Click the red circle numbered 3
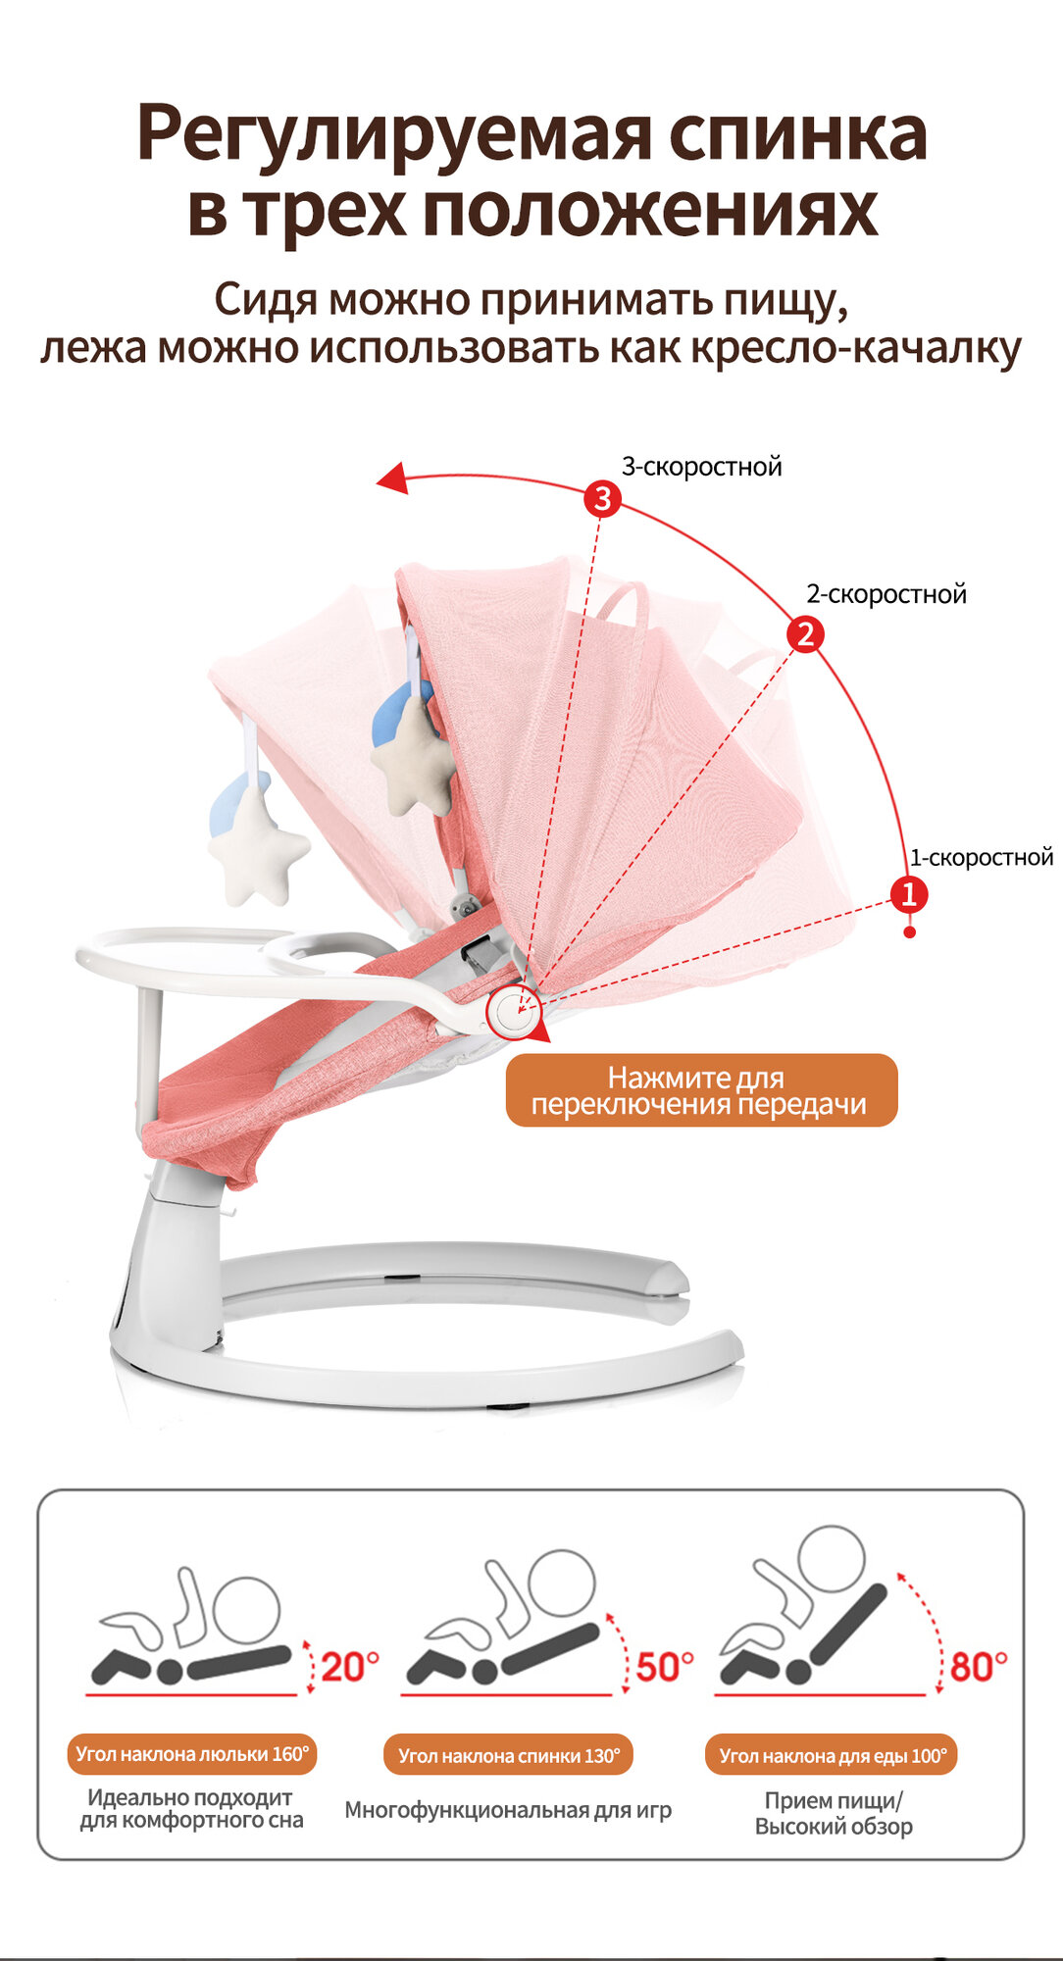pos(602,499)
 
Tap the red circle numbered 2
pos(805,634)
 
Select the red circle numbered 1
pos(908,894)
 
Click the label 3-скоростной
pos(701,467)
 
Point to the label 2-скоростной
pos(886,594)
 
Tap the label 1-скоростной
pos(981,858)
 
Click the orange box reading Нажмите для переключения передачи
pos(700,1090)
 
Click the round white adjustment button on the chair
pos(514,1011)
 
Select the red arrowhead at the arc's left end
pos(393,478)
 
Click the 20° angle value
pos(349,1667)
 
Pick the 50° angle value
pos(664,1667)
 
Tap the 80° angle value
pos(979,1667)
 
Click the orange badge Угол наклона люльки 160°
pos(192,1754)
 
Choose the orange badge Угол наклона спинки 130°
pos(509,1755)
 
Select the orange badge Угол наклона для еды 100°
pos(833,1755)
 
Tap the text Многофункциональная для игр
pos(508,1810)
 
